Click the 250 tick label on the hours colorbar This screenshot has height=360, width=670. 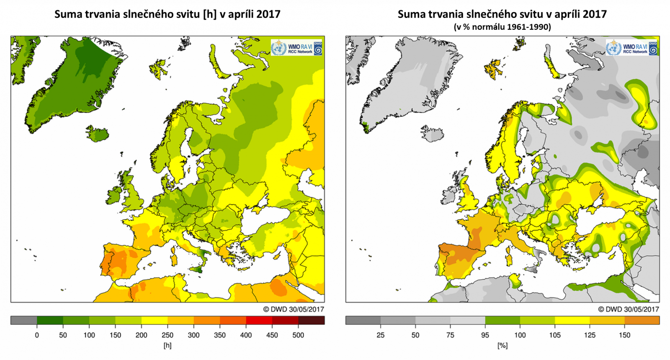(167, 335)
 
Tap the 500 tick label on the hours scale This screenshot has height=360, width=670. (298, 335)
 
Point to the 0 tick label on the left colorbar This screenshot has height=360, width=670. (37, 335)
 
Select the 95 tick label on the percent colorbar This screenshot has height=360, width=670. (485, 335)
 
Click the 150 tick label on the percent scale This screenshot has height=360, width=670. (624, 335)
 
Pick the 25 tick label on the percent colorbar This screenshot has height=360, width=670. (380, 335)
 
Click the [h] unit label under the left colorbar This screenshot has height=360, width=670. (167, 346)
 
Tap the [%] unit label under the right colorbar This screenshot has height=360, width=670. (502, 346)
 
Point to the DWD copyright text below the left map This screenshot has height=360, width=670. (294, 309)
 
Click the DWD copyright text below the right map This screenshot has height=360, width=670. (628, 309)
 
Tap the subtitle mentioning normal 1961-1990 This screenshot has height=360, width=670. (502, 27)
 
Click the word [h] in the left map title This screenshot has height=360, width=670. (209, 14)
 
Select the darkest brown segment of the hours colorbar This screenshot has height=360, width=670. (311, 321)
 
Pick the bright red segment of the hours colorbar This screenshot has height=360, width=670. (259, 321)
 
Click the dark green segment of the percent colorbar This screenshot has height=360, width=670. (502, 321)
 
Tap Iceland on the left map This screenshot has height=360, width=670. (97, 134)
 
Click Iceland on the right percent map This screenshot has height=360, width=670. (432, 134)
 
